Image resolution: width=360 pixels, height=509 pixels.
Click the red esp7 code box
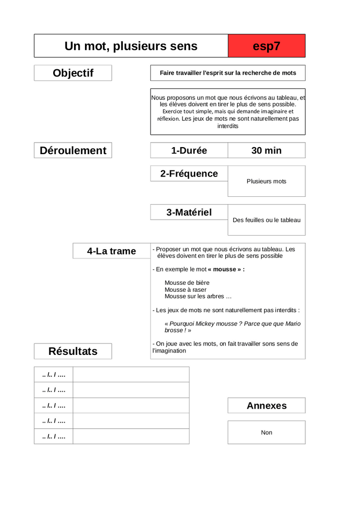267,46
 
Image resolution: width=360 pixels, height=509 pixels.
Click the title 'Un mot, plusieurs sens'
131,46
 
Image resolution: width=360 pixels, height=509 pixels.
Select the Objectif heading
73,73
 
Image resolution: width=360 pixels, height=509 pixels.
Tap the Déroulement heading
73,151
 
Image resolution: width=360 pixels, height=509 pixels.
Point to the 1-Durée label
189,151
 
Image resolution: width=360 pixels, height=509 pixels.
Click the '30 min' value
267,151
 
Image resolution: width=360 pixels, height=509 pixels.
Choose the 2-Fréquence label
189,173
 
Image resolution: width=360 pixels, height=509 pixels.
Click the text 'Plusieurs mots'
267,181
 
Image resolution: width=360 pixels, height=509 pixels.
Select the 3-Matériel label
189,212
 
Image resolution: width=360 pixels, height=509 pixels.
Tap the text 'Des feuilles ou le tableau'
267,220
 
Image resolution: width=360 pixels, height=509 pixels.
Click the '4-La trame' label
111,251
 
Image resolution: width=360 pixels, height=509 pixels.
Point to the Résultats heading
73,351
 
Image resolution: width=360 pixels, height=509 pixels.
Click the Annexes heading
267,406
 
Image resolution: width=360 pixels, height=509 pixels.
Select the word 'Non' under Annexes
267,433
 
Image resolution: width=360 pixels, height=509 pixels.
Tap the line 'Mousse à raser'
185,290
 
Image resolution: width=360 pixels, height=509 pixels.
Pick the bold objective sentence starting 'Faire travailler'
228,73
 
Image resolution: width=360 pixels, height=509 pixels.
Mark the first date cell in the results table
54,374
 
